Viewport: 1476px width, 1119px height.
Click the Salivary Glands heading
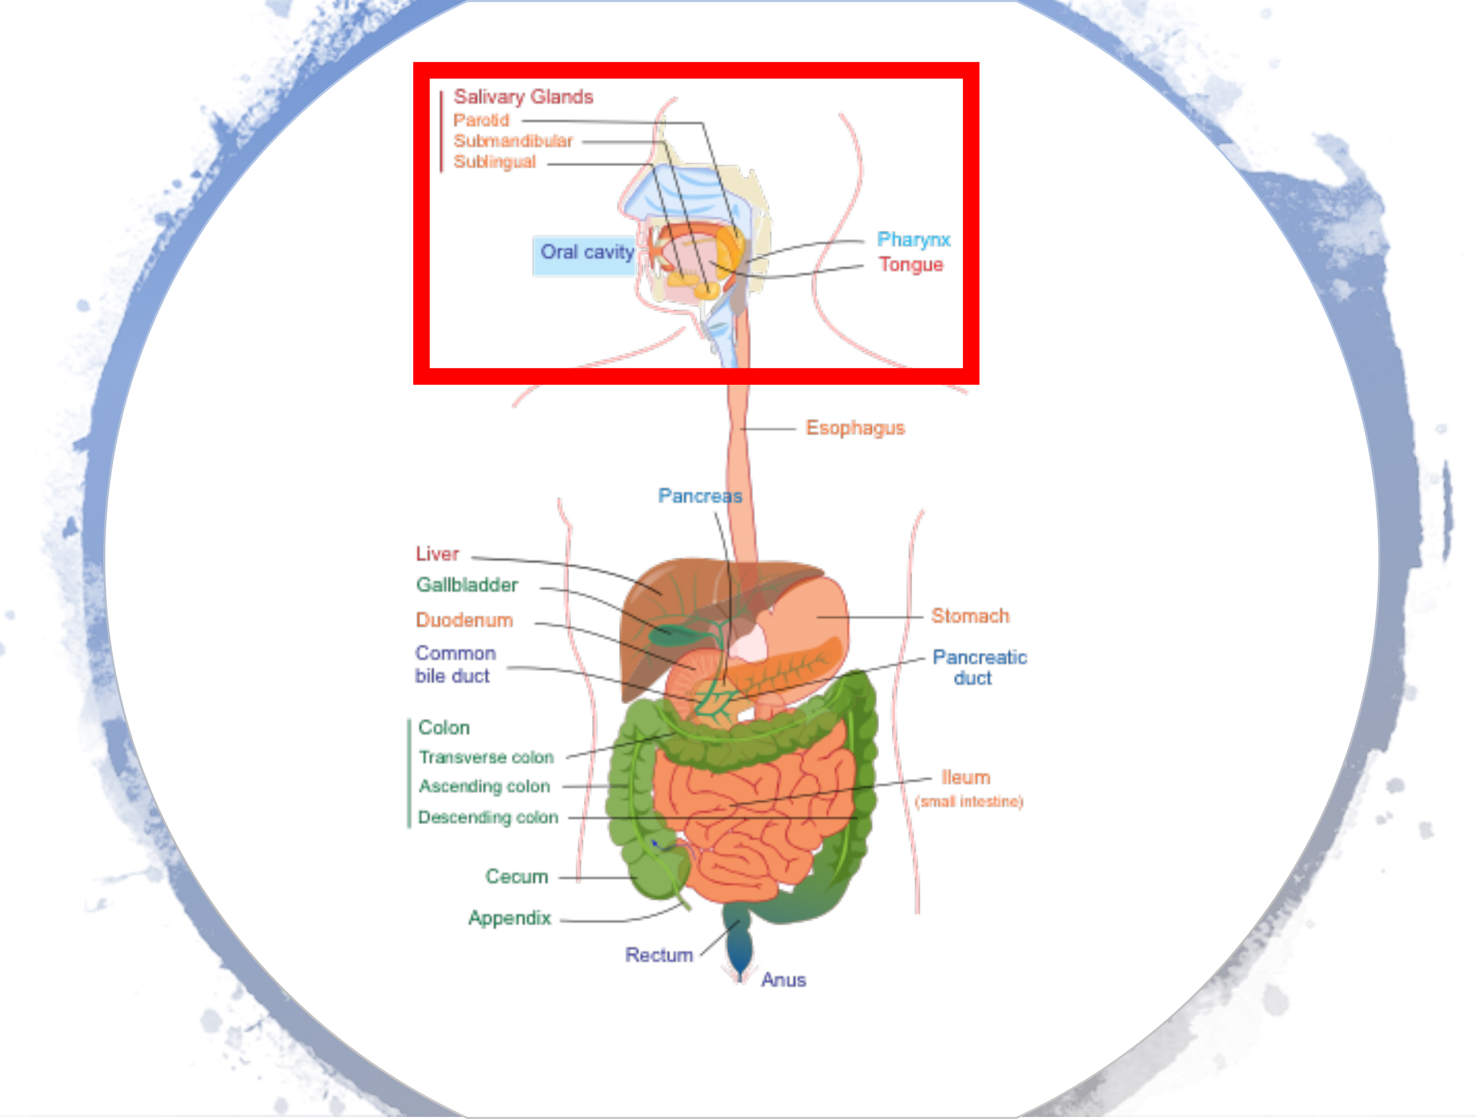click(x=523, y=97)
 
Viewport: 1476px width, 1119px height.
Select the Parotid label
click(x=481, y=120)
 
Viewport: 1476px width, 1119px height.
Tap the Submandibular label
click(x=513, y=141)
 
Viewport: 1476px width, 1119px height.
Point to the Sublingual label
click(x=495, y=161)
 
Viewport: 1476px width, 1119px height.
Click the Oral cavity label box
click(x=584, y=253)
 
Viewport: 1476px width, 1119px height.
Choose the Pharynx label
click(x=913, y=239)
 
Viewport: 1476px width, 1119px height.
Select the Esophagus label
click(x=855, y=428)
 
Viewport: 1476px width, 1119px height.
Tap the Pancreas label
click(x=700, y=495)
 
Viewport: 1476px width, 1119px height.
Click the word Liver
click(x=437, y=554)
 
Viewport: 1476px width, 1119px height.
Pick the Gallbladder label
click(x=467, y=585)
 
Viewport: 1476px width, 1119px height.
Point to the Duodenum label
click(x=464, y=620)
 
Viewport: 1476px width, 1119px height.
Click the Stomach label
click(x=969, y=616)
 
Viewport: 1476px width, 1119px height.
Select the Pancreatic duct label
click(x=979, y=667)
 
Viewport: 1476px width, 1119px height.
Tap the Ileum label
click(x=965, y=777)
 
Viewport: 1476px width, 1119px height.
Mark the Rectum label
click(x=658, y=955)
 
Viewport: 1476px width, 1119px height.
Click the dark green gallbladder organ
click(x=669, y=632)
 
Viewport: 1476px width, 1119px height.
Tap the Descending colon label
click(x=488, y=817)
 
